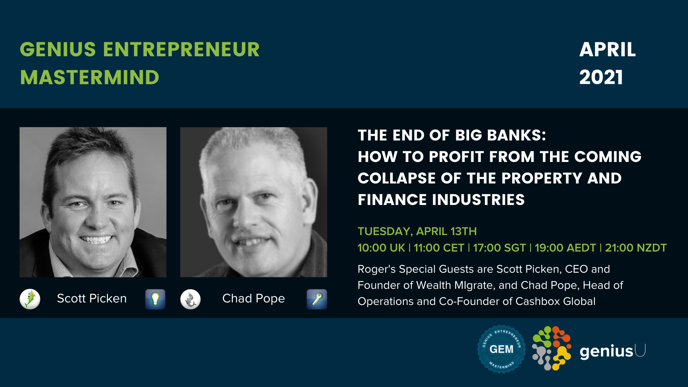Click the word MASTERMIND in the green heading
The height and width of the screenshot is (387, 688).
pos(90,77)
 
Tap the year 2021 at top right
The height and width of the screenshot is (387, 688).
pos(601,77)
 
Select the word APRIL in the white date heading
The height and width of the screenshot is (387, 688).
pos(608,49)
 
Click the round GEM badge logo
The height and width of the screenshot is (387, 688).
pos(501,349)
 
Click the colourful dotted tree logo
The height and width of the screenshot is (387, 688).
pos(551,348)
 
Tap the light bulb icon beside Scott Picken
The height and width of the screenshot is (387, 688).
pos(155,299)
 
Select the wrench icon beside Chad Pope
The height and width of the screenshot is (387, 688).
pos(317,299)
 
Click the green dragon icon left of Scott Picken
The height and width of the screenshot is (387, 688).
pos(30,299)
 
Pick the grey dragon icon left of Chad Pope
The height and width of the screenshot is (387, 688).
pos(190,299)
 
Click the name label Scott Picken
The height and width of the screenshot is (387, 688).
pos(92,298)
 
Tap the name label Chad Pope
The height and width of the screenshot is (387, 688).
pos(253,298)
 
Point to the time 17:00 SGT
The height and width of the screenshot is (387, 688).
pos(499,248)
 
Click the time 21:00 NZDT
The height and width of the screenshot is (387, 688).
pos(636,248)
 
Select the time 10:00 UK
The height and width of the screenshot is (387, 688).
pos(381,248)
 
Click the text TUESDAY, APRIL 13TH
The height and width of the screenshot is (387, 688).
pos(417,231)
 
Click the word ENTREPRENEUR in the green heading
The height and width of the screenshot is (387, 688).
pos(181,49)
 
